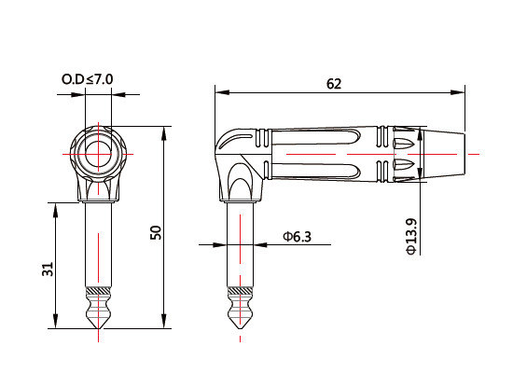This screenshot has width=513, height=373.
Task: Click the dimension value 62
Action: pyautogui.click(x=334, y=83)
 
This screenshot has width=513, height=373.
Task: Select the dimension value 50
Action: pyautogui.click(x=156, y=232)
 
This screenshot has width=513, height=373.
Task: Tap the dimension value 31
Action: pyautogui.click(x=48, y=269)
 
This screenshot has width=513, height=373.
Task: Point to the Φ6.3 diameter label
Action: pyautogui.click(x=297, y=238)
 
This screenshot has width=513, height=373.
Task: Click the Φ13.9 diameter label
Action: pyautogui.click(x=411, y=236)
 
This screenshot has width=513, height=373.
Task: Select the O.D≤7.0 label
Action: pyautogui.click(x=88, y=80)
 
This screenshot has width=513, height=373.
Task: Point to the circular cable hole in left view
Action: pyautogui.click(x=98, y=152)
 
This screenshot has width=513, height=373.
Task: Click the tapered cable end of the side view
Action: pyautogui.click(x=444, y=153)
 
